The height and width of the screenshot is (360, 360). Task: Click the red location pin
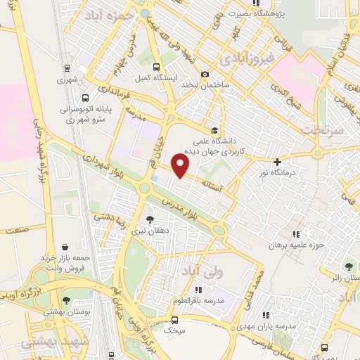(181, 167)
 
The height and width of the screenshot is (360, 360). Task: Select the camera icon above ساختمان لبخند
(205, 75)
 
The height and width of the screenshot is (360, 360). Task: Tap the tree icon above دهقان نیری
(149, 219)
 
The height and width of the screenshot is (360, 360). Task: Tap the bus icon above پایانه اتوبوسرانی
(84, 98)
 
